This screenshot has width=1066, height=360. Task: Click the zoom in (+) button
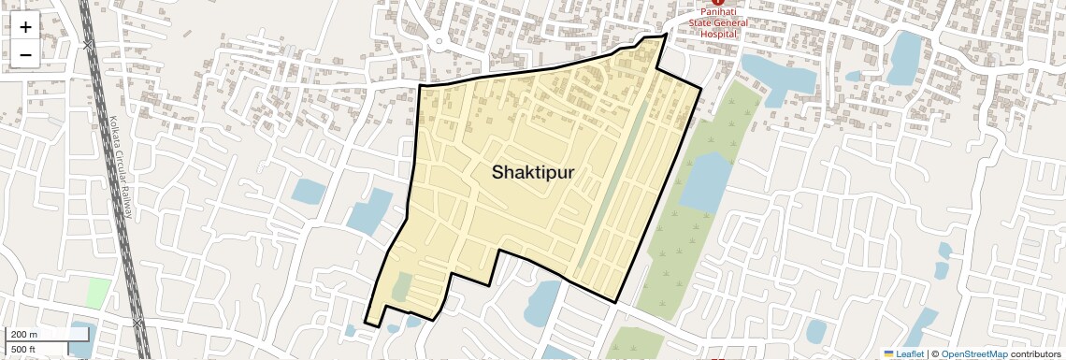tap(25, 27)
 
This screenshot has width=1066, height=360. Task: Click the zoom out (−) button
tap(25, 54)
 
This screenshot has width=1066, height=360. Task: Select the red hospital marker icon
tap(717, 3)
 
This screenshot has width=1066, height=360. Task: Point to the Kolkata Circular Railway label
tap(120, 168)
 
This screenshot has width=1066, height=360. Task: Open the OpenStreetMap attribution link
tap(974, 353)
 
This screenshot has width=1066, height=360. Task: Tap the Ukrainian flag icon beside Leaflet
tap(889, 353)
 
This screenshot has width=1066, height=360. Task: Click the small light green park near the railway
tap(98, 293)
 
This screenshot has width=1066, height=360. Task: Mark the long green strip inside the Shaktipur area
tap(612, 187)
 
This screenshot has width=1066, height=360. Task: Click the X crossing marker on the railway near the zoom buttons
tap(88, 45)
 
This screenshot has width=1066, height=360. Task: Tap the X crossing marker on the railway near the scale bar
tap(138, 322)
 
